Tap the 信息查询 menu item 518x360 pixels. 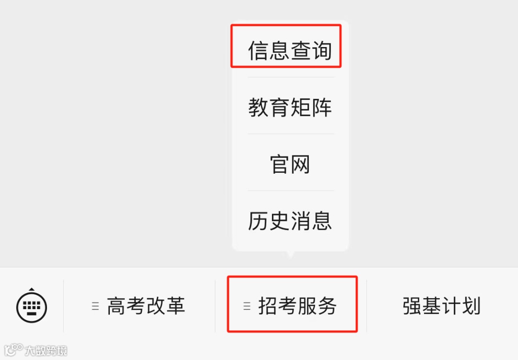point(290,50)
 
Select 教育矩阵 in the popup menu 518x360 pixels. point(290,107)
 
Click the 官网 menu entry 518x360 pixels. point(290,164)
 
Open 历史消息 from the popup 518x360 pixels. point(290,221)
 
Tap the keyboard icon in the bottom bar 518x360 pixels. point(32,305)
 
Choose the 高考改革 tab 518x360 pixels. point(146,306)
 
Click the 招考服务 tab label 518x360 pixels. point(297,306)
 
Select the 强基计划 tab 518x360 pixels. point(441,306)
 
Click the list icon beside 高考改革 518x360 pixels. point(95,306)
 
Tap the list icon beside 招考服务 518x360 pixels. point(247,306)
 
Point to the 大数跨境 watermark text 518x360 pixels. point(47,350)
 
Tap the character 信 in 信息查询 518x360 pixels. point(258,50)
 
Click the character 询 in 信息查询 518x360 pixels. point(322,50)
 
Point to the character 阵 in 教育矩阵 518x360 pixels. point(322,107)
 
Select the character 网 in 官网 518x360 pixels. point(301,164)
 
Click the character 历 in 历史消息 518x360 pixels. point(258,221)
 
